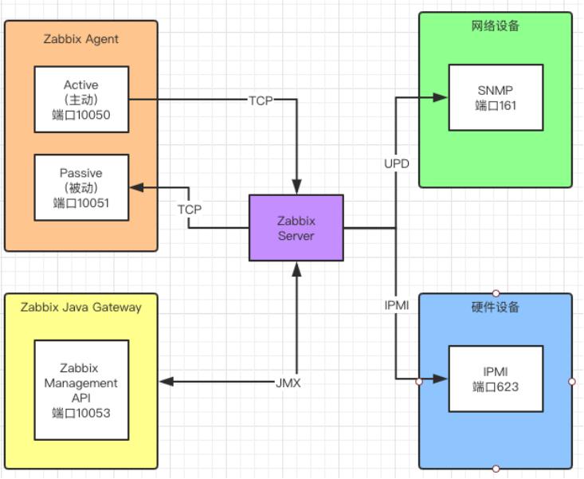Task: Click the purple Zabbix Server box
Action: pos(296,227)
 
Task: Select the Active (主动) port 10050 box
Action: pos(81,100)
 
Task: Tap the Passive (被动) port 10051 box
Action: pos(81,187)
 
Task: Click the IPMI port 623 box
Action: pos(496,379)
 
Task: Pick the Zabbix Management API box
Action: pos(81,390)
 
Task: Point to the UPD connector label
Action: pos(396,163)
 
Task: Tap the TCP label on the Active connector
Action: pos(261,100)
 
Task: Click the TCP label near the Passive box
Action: pos(190,209)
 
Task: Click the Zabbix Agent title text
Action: pos(80,39)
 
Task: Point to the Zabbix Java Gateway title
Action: pos(80,307)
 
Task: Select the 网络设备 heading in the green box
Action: pos(495,26)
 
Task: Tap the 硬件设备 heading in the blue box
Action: pos(495,308)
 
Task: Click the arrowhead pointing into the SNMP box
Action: pos(441,98)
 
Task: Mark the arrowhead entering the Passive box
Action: pos(136,188)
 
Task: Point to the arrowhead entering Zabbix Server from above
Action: pos(296,188)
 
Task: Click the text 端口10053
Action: pos(81,413)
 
